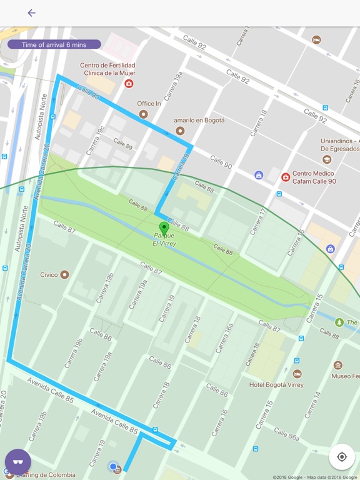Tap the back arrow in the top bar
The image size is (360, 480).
[31, 13]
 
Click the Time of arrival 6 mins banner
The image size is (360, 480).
[54, 44]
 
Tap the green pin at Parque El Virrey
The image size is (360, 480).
[164, 228]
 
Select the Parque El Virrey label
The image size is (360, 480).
[164, 239]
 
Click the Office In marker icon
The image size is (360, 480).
[144, 114]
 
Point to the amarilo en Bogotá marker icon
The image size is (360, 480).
[181, 131]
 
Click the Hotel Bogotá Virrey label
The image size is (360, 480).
[276, 385]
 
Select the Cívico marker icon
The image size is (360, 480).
[64, 274]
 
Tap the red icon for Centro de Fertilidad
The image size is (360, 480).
[129, 83]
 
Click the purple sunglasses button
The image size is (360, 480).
[18, 462]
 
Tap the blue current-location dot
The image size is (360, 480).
[112, 466]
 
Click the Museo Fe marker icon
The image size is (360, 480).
[338, 365]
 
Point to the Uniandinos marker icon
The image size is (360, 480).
[327, 159]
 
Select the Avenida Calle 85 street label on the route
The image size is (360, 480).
[114, 421]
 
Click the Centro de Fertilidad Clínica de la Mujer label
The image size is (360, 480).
[108, 69]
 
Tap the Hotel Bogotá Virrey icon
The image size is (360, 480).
[297, 374]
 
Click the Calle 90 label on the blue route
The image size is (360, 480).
[89, 92]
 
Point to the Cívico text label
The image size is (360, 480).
[49, 274]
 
